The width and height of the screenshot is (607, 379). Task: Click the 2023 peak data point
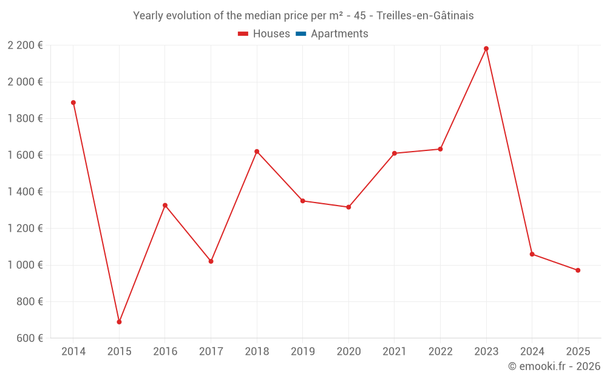point(486,49)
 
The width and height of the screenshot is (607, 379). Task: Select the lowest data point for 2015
point(119,322)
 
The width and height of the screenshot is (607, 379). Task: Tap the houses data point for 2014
point(73,102)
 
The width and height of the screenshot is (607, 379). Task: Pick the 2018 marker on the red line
point(257,152)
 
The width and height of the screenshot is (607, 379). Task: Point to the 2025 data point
point(578,270)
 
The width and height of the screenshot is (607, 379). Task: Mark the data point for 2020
point(348,207)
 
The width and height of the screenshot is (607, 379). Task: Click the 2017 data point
point(211,261)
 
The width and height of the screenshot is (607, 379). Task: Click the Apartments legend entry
point(339,34)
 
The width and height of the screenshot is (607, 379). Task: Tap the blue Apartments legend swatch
point(301,34)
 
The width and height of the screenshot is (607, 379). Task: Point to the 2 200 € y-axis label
point(25,45)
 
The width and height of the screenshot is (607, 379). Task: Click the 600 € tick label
point(29,338)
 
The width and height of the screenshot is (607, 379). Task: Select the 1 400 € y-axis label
point(25,192)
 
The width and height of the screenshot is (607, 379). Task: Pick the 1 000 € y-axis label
point(25,265)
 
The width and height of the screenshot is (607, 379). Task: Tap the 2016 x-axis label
point(165,352)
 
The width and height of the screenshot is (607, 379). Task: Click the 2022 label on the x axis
point(440,352)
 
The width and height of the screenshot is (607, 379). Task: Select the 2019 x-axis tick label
point(303,352)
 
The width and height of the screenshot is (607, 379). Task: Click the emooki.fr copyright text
point(554,366)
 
